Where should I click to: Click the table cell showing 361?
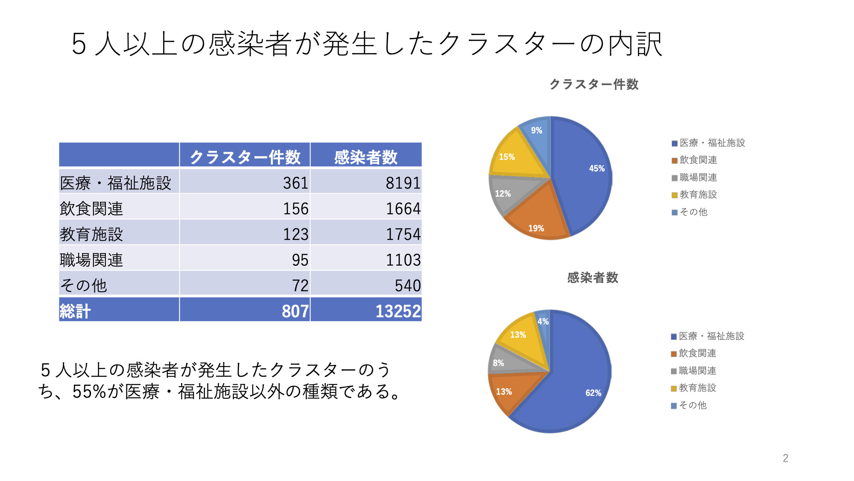(x=295, y=183)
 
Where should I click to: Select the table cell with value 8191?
(x=403, y=183)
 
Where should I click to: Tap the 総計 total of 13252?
(x=398, y=311)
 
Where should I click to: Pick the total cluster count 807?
(x=295, y=311)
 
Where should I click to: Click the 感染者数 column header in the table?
(x=366, y=157)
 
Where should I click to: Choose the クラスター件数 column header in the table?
(x=245, y=157)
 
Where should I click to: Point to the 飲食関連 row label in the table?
(x=91, y=209)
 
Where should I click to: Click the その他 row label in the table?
(x=84, y=285)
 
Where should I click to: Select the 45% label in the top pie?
(x=597, y=168)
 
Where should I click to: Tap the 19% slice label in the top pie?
(x=536, y=228)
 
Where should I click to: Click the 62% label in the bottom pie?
(x=593, y=393)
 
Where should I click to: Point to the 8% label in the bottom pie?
(x=498, y=363)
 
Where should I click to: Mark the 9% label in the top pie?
(x=536, y=130)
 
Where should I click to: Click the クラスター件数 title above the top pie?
(x=594, y=84)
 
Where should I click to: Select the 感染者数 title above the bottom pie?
(x=592, y=277)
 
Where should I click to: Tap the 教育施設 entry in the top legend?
(x=698, y=195)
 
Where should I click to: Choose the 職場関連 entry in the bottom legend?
(x=697, y=371)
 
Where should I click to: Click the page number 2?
(x=785, y=458)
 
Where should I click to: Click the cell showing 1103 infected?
(x=403, y=260)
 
